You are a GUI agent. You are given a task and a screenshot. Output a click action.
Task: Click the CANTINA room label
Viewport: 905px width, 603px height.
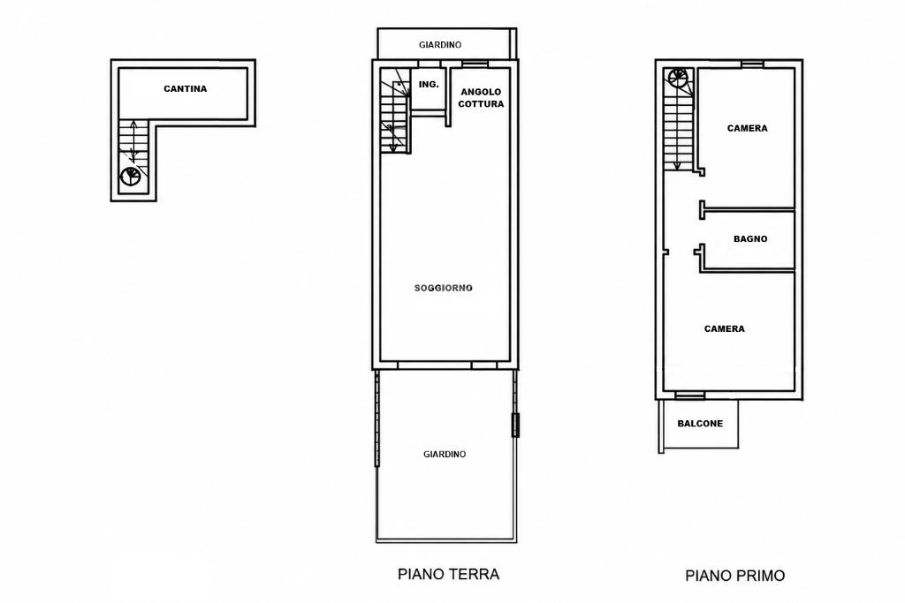pyautogui.click(x=186, y=89)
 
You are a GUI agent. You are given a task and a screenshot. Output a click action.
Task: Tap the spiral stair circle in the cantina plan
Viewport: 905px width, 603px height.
pyautogui.click(x=131, y=176)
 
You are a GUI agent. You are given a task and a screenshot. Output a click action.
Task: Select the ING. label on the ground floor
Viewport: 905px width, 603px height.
pyautogui.click(x=429, y=84)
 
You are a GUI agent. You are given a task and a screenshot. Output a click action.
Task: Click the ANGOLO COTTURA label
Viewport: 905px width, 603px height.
pyautogui.click(x=481, y=97)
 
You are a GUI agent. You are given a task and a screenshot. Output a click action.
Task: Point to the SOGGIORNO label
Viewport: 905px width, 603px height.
pyautogui.click(x=444, y=288)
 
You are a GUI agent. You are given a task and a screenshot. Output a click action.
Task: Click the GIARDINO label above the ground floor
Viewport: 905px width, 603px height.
pyautogui.click(x=440, y=44)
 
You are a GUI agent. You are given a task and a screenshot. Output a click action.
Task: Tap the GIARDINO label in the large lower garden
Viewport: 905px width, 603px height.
pyautogui.click(x=445, y=455)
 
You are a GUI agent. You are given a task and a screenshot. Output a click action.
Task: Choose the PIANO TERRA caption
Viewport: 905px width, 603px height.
pyautogui.click(x=448, y=574)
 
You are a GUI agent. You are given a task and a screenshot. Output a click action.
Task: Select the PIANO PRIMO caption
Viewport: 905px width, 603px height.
pyautogui.click(x=734, y=576)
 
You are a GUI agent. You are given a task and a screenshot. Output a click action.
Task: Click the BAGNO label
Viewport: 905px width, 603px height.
pyautogui.click(x=750, y=238)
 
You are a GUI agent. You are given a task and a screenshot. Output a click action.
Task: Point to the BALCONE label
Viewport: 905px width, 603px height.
pyautogui.click(x=700, y=423)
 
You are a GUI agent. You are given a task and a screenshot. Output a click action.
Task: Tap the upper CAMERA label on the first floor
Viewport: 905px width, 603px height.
pyautogui.click(x=748, y=128)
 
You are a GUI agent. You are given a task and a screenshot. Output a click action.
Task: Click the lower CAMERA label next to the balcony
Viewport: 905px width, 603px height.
pyautogui.click(x=725, y=328)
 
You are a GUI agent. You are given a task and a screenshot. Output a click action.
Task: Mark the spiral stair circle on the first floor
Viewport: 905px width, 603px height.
pyautogui.click(x=678, y=78)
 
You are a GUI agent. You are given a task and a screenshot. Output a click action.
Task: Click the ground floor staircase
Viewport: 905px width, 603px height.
pyautogui.click(x=395, y=111)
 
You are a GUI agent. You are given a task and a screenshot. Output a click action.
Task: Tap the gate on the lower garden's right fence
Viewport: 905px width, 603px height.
pyautogui.click(x=515, y=425)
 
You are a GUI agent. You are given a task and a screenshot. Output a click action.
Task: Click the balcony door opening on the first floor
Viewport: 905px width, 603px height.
pyautogui.click(x=690, y=396)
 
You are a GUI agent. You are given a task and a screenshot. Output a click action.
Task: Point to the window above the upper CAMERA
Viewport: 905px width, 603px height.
pyautogui.click(x=752, y=64)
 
